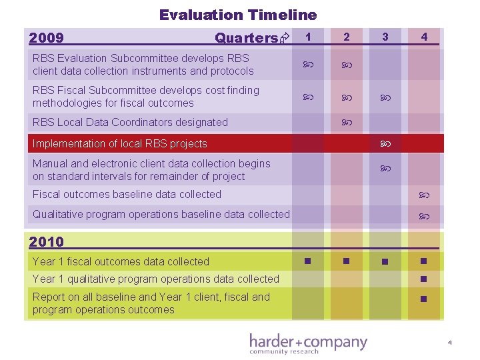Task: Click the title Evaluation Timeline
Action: coord(238,14)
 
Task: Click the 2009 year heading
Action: coord(47,38)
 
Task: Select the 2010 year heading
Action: coord(47,242)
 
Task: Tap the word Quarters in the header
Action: coord(246,38)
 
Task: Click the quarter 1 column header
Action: coord(307,37)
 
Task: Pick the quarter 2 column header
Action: coord(346,37)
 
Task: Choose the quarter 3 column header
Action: coord(385,37)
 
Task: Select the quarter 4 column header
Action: coord(424,37)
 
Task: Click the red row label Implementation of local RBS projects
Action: coord(120,143)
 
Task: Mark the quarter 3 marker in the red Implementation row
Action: coord(385,143)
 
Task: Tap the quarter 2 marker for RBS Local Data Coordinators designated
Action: coord(346,123)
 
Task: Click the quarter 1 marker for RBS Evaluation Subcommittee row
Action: coord(307,65)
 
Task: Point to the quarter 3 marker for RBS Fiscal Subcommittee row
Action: coord(385,97)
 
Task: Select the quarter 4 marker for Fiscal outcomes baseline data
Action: coord(423,195)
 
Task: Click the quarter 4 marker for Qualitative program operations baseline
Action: coord(423,216)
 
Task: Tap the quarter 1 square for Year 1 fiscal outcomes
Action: coord(307,261)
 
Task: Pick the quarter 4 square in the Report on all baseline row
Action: coord(423,299)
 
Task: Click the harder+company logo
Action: coord(308,343)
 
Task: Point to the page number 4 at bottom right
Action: coord(450,343)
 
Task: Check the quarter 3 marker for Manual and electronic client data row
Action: coord(385,170)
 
